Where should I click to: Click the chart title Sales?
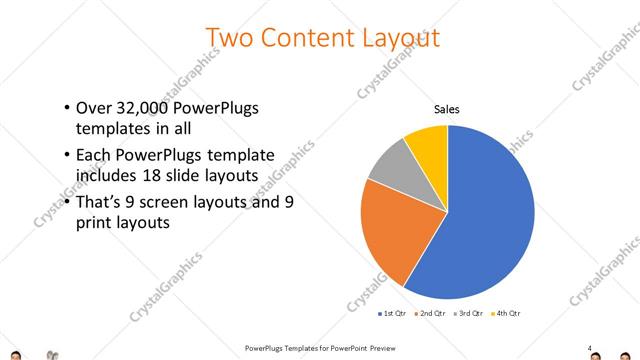[446, 110]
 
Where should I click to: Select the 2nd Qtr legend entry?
[430, 314]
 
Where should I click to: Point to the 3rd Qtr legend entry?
[468, 314]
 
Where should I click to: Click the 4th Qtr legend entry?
[506, 314]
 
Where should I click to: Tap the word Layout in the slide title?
[398, 39]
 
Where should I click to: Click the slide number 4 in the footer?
[589, 348]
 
